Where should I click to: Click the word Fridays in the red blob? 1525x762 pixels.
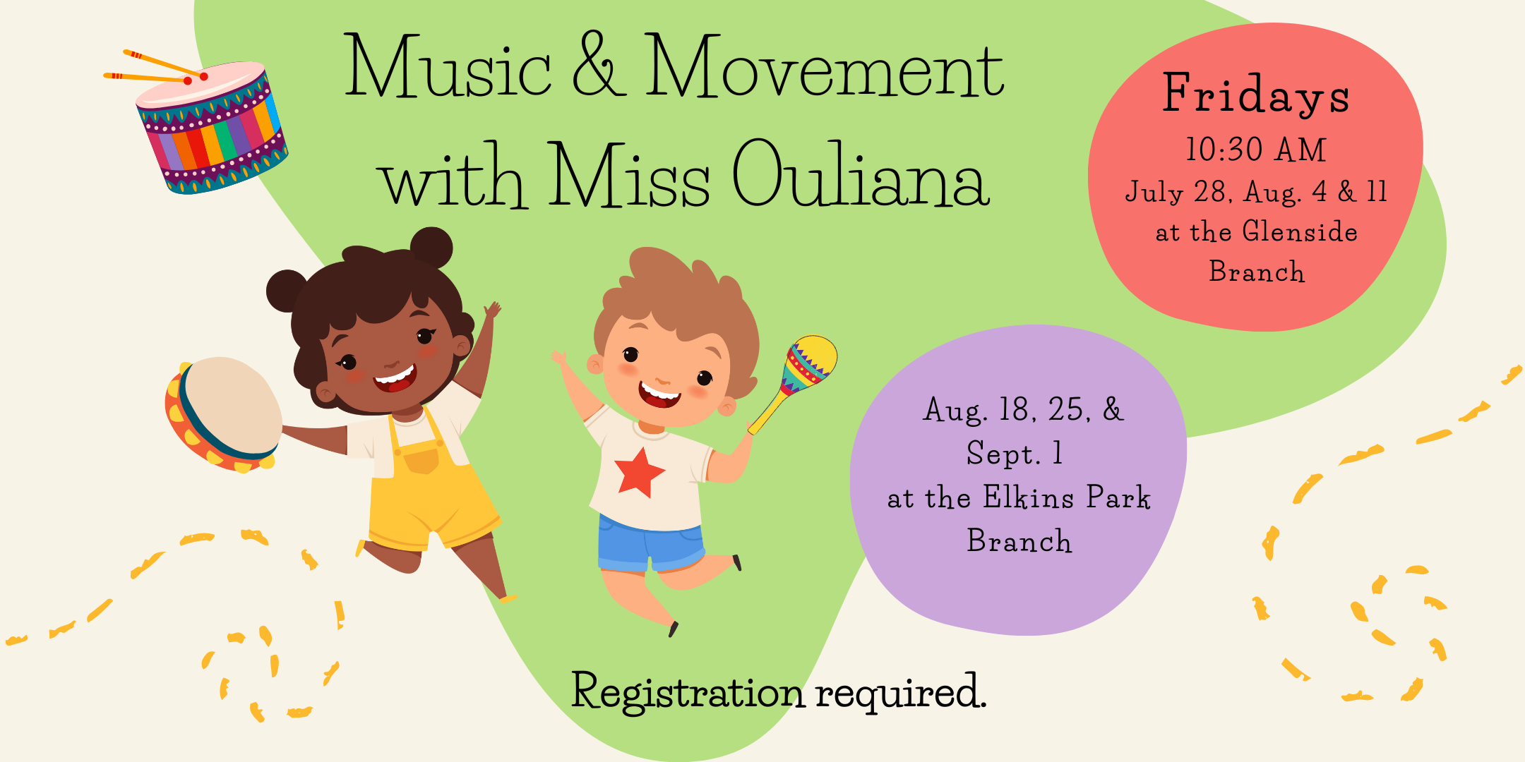(x=1256, y=95)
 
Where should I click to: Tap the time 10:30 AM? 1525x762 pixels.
(x=1256, y=150)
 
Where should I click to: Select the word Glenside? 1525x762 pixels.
(x=1300, y=231)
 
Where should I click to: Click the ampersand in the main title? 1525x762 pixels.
(x=599, y=65)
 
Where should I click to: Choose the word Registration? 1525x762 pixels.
(x=688, y=692)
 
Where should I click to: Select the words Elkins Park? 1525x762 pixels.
(x=1067, y=497)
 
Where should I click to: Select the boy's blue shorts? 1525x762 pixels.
(x=650, y=545)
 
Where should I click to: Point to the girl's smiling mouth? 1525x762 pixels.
(x=395, y=379)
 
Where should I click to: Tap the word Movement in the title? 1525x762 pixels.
(x=825, y=66)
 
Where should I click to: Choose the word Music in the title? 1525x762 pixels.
(x=448, y=65)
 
